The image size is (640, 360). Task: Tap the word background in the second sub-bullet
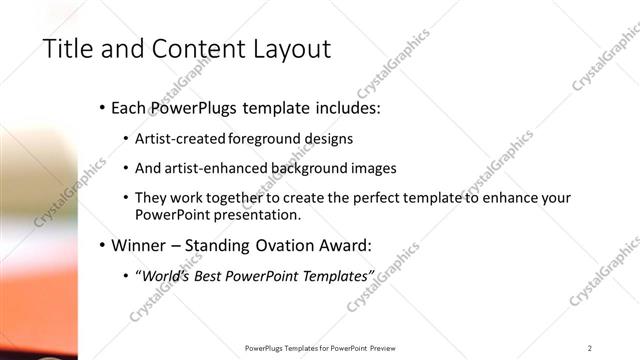click(x=304, y=168)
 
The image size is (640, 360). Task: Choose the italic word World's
click(x=165, y=275)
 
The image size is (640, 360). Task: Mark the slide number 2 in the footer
click(x=590, y=348)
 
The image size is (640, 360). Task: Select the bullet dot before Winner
click(x=103, y=245)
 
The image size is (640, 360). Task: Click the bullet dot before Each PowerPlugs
click(x=103, y=107)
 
